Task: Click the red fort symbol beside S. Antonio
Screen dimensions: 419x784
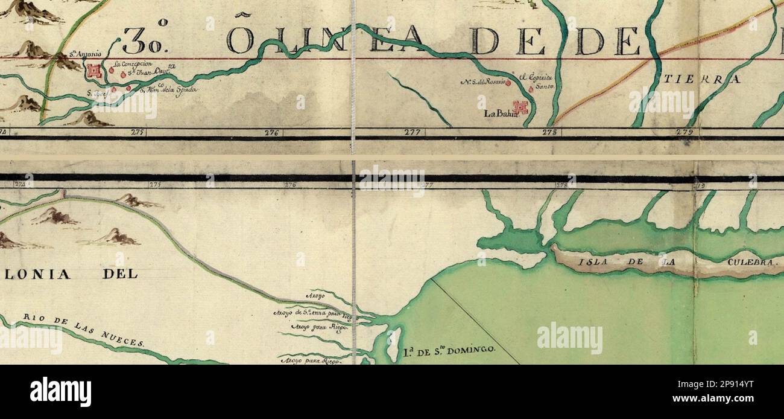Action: pos(93,71)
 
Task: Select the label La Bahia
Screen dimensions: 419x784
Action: pos(498,113)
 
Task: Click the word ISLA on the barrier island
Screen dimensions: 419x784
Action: pos(590,262)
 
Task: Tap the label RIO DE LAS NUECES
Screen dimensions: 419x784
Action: pos(84,330)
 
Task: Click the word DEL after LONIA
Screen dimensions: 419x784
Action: pos(120,274)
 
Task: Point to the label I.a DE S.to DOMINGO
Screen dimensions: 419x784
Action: pos(449,350)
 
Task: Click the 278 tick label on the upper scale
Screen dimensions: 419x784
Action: pos(548,131)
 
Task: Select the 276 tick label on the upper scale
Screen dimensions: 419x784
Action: pos(271,132)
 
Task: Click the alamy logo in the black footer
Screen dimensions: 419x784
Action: pos(60,392)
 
